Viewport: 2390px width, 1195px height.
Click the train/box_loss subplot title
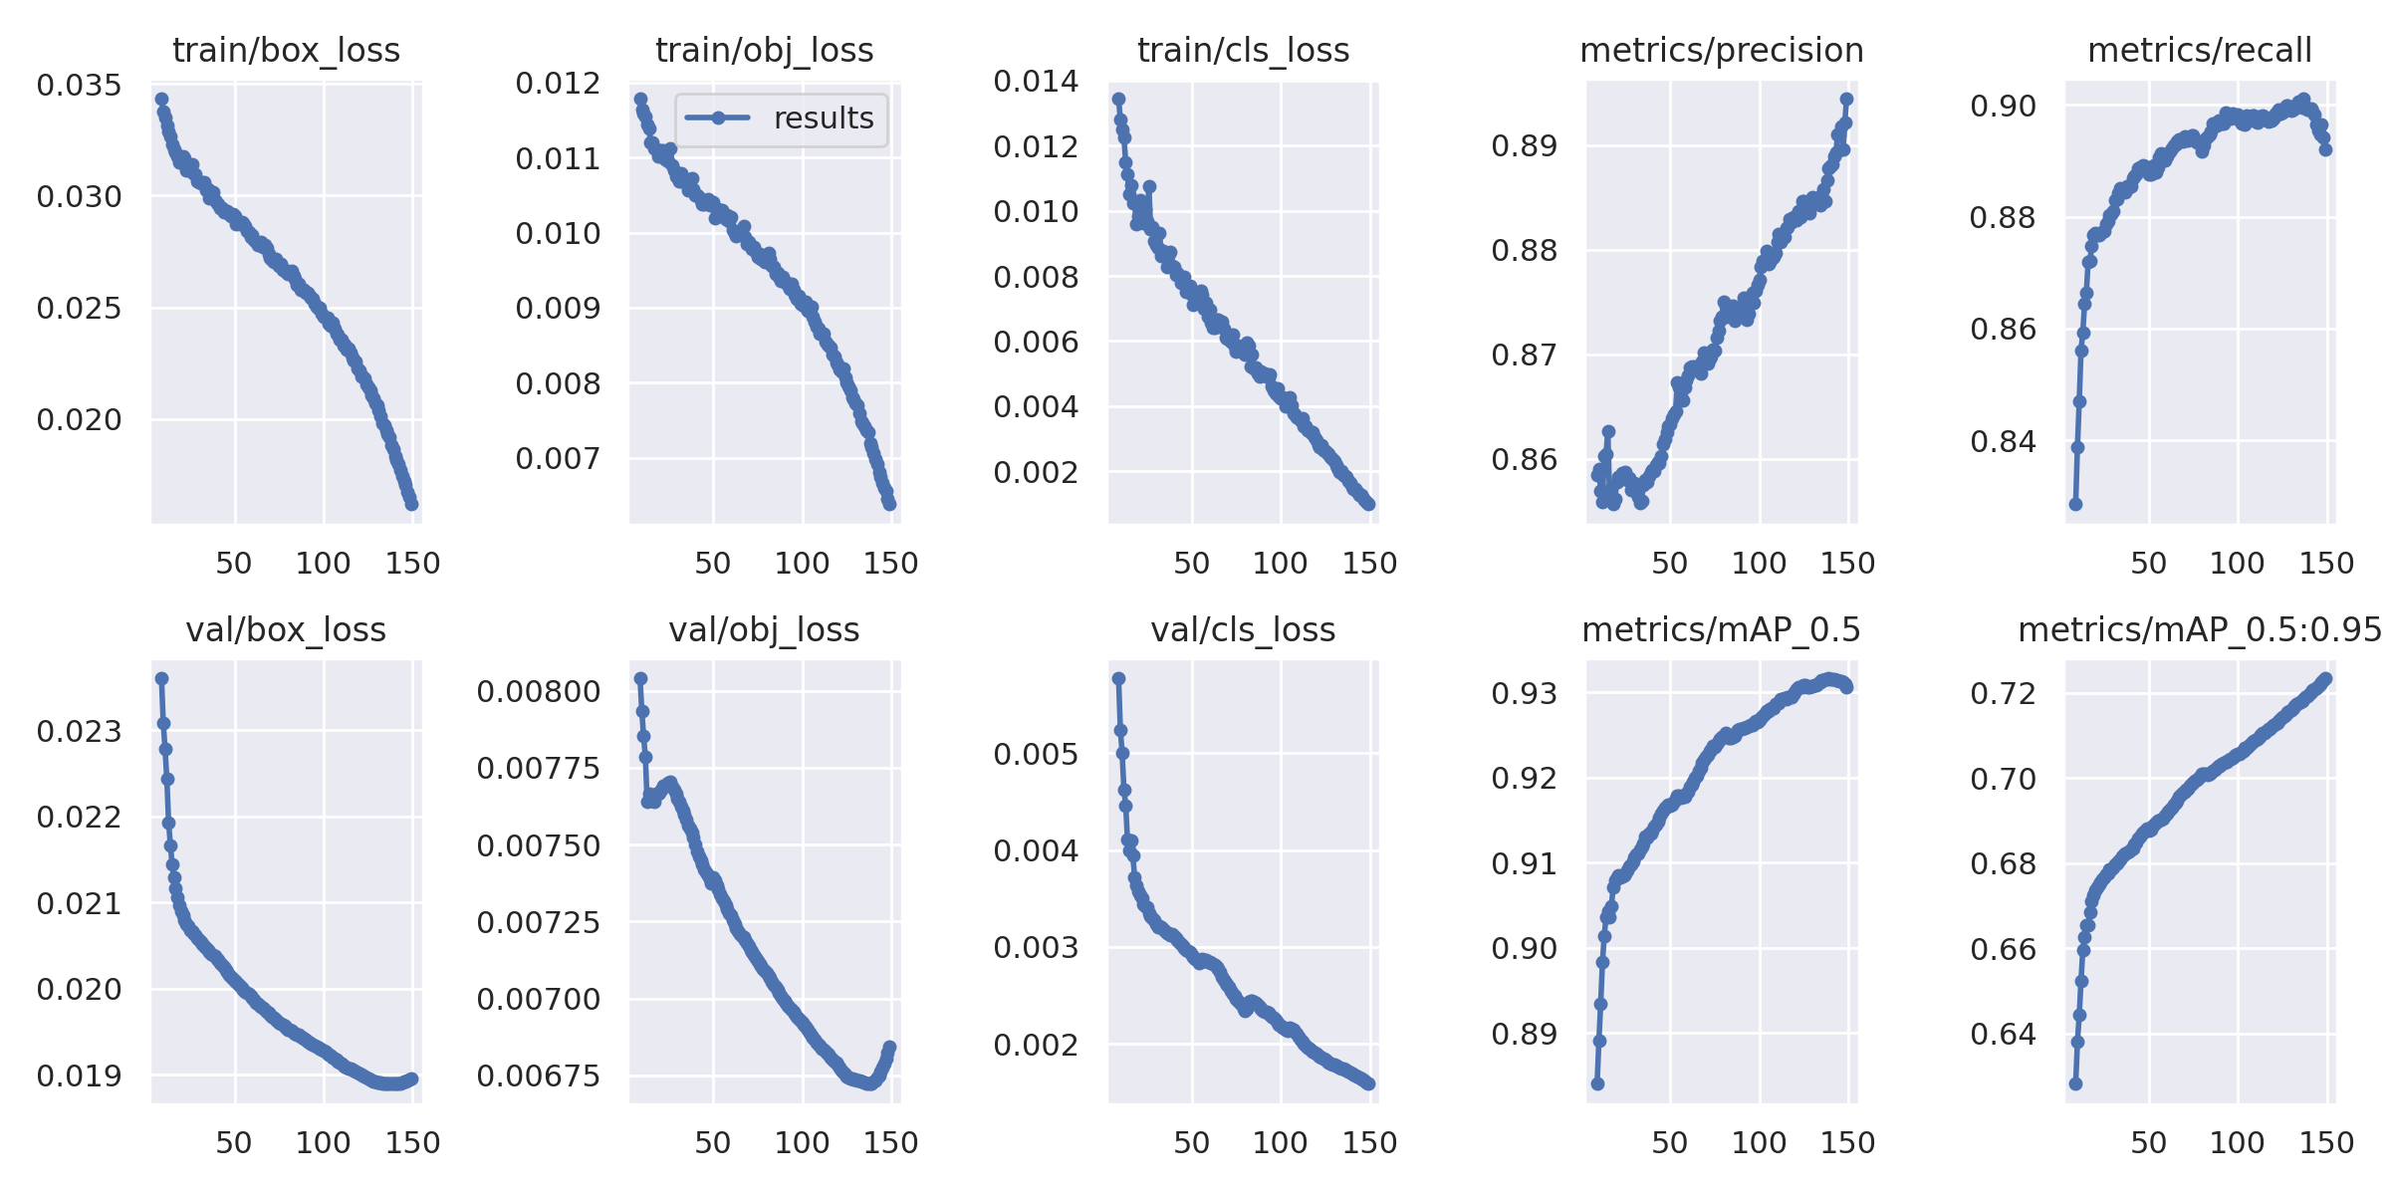(286, 51)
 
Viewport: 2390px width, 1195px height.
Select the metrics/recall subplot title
(2200, 51)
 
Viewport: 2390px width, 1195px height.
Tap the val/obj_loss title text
(764, 630)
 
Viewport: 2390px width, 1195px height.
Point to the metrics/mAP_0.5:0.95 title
(2200, 630)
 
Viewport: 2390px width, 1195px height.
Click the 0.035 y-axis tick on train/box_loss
(79, 86)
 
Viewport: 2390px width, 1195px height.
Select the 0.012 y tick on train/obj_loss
(558, 84)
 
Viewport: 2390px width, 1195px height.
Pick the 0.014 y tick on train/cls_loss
(1036, 82)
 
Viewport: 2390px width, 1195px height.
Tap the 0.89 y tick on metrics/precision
(1524, 146)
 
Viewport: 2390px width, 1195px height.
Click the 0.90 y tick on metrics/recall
(2003, 106)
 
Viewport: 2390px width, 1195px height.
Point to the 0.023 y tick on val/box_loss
(79, 732)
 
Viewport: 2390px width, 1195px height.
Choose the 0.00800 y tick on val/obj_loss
(539, 692)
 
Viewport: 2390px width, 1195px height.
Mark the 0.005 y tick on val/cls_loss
(1036, 755)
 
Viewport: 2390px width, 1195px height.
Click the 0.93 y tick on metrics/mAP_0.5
(1524, 693)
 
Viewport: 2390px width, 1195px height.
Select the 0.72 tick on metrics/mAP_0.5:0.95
(2003, 693)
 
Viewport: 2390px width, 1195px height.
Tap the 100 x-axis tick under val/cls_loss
(1280, 1143)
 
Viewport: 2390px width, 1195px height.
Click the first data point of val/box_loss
(161, 679)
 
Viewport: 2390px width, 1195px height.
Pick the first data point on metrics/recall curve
(2075, 505)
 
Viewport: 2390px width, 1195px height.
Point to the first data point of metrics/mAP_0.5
(1597, 1084)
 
